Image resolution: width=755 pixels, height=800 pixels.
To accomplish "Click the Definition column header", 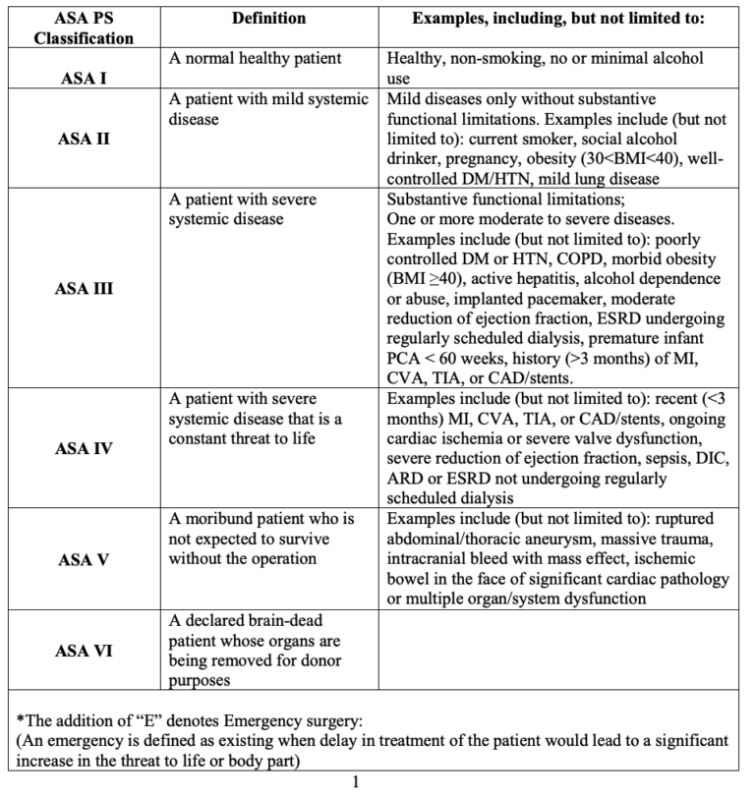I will pos(268,19).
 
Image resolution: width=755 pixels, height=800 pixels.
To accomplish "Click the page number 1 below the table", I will pos(355,783).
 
